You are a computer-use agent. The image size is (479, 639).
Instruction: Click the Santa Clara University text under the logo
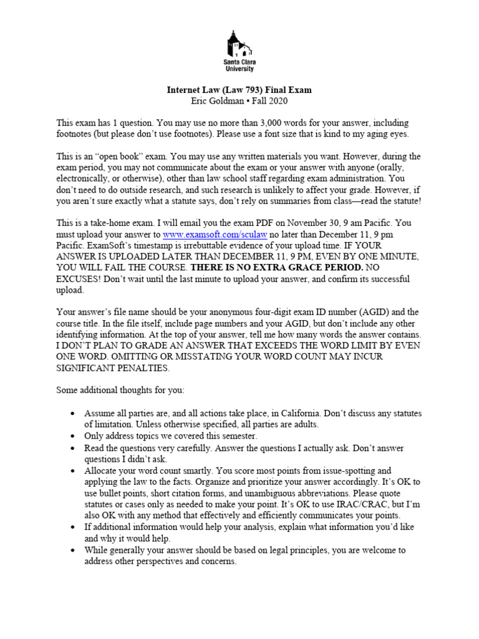(239, 66)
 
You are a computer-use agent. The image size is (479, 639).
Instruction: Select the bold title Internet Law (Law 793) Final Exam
(239, 90)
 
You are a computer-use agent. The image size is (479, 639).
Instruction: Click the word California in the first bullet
(296, 414)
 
